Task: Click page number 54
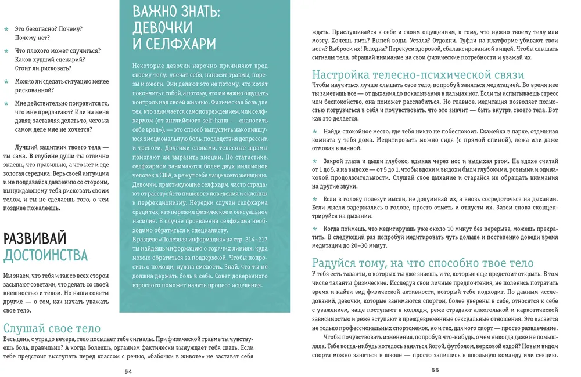(x=129, y=371)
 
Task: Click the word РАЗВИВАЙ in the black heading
(x=35, y=238)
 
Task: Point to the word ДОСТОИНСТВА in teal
(x=45, y=255)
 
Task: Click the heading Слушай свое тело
(x=52, y=329)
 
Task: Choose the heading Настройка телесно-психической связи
(x=418, y=75)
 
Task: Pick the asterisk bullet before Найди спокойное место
(x=315, y=130)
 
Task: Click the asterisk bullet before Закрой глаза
(x=315, y=160)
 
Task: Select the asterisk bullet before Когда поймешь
(x=315, y=229)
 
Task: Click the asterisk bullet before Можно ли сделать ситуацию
(x=6, y=82)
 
